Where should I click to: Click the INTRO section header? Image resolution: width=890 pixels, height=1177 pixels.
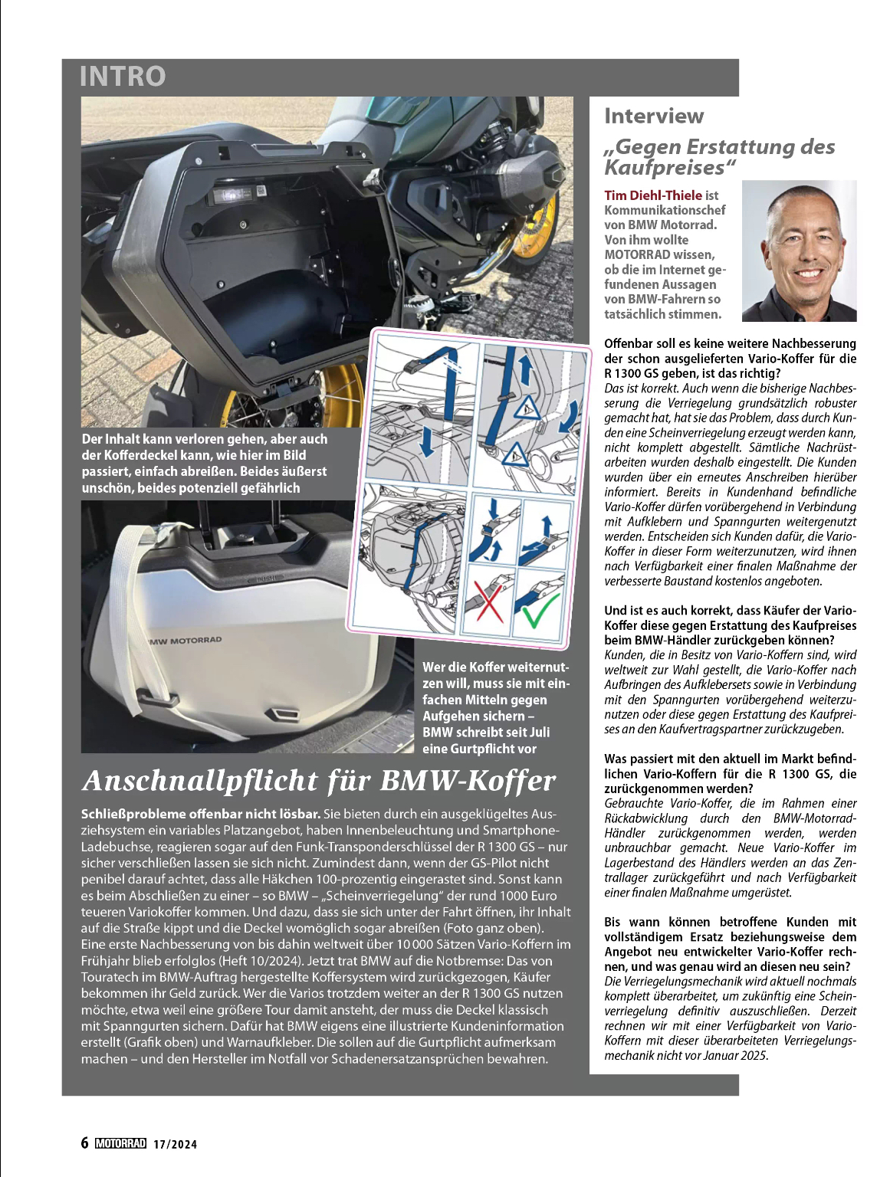coord(123,76)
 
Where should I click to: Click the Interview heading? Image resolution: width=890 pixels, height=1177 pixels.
coord(653,116)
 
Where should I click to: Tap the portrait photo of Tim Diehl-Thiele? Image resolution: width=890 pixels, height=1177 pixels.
coord(800,251)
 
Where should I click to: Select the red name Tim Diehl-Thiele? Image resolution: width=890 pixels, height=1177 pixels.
coord(652,195)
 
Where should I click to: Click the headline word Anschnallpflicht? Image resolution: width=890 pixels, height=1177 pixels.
coord(199,781)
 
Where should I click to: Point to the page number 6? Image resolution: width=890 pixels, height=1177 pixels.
coord(85,1143)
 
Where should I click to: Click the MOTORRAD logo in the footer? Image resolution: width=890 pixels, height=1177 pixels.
coord(120,1143)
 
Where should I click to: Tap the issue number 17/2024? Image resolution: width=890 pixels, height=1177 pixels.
coord(175,1144)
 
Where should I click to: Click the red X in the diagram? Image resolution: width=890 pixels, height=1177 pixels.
coord(489,601)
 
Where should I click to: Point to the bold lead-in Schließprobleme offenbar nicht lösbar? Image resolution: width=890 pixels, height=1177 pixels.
coord(200,814)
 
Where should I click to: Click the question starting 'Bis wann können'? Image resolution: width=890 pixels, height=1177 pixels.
coord(729,944)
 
